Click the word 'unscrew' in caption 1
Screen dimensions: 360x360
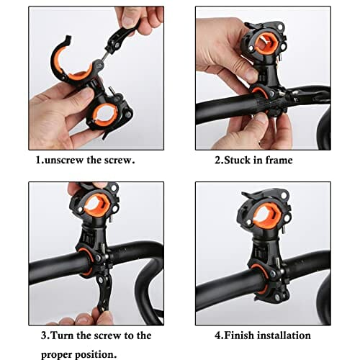point(64,160)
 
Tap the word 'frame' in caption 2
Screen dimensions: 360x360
point(279,160)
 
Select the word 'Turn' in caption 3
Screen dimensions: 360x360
point(62,336)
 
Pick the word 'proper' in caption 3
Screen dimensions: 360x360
point(57,355)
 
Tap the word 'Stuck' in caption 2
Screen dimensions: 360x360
point(236,160)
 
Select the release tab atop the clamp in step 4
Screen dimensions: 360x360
point(252,195)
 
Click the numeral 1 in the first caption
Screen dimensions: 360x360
point(38,160)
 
